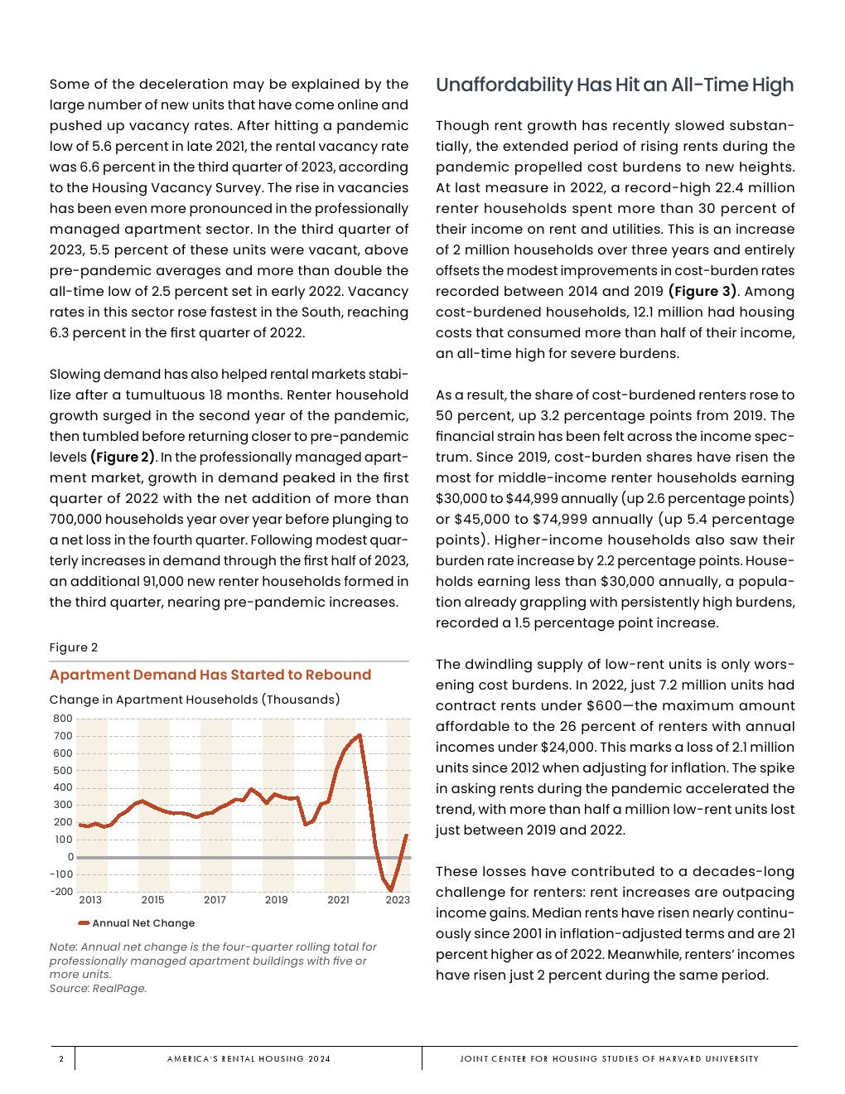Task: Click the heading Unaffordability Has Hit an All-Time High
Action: [614, 85]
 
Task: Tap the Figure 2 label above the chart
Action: [74, 647]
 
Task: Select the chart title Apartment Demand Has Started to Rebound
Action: [210, 675]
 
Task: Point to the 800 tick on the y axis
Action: [63, 719]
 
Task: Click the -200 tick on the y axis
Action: [61, 892]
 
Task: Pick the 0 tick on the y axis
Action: [70, 857]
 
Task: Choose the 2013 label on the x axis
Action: [90, 900]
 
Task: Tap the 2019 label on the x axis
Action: [276, 900]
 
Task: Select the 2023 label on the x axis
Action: [398, 900]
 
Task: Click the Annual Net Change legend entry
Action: [142, 923]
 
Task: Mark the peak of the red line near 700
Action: [359, 735]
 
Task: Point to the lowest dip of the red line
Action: [390, 890]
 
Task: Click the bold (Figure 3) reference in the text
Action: [702, 292]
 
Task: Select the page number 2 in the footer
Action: [61, 1058]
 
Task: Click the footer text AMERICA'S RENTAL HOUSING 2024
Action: [249, 1058]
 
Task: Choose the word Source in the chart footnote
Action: [69, 989]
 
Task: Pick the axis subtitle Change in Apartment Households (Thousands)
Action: [195, 699]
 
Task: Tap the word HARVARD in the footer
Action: [680, 1058]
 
